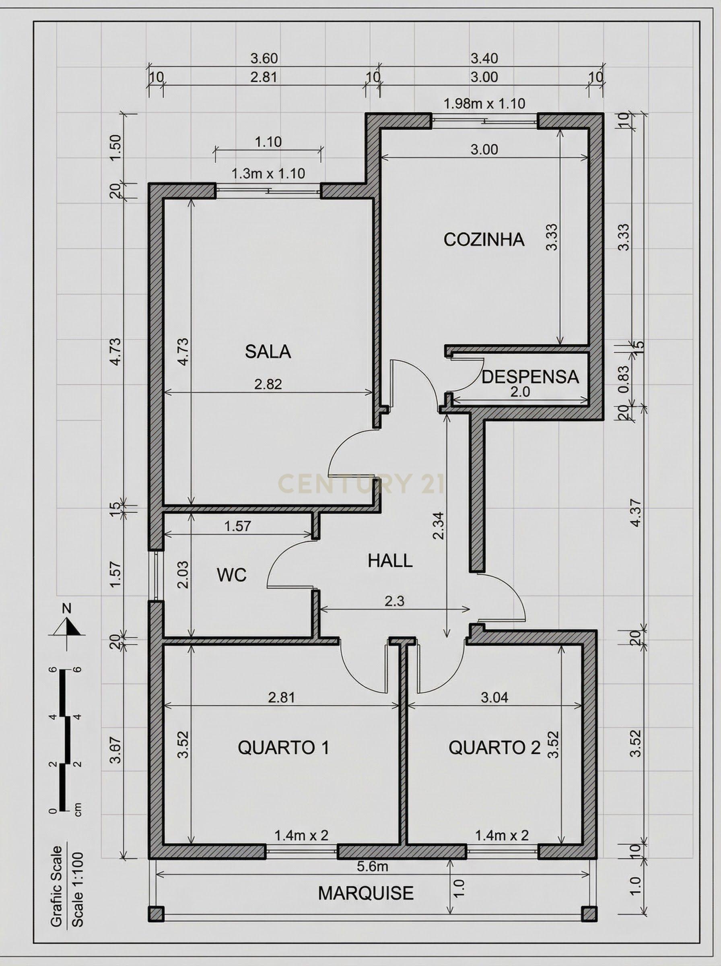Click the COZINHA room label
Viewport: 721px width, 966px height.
(x=484, y=239)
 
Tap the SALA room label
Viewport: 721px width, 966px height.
(x=268, y=351)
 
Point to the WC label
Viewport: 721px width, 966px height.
(x=232, y=575)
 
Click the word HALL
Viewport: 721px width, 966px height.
(x=390, y=561)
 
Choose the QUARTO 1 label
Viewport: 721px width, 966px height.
(x=283, y=748)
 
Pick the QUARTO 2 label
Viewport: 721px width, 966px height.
(x=494, y=748)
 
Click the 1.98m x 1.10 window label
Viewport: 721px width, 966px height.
(x=484, y=103)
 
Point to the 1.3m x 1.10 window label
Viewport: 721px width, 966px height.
(x=268, y=173)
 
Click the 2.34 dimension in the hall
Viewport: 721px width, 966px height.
(x=439, y=526)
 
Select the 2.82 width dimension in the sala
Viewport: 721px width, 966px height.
(x=268, y=384)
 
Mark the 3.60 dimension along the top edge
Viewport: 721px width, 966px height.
(x=264, y=58)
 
